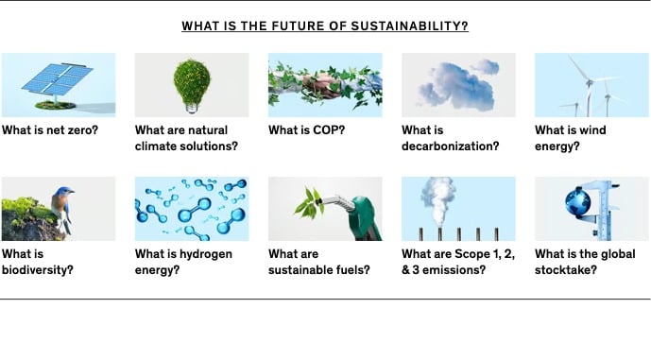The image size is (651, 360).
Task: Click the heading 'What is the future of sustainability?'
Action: pyautogui.click(x=325, y=26)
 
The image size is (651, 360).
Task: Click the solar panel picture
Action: pyautogui.click(x=59, y=84)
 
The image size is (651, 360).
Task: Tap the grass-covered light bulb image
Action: pyautogui.click(x=192, y=84)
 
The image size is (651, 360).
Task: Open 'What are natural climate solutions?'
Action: pyautogui.click(x=186, y=138)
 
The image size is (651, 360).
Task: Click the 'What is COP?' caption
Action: pyautogui.click(x=306, y=130)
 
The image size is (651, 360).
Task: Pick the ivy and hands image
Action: pyautogui.click(x=325, y=84)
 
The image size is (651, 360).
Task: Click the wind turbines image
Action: pyautogui.click(x=591, y=84)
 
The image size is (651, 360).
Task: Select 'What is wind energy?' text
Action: pyautogui.click(x=571, y=138)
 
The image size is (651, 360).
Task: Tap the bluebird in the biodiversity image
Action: pyautogui.click(x=62, y=208)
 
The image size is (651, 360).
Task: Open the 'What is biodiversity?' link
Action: pyautogui.click(x=38, y=262)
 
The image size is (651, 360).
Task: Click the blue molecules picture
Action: pyautogui.click(x=192, y=209)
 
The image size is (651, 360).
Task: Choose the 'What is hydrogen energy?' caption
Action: pyautogui.click(x=183, y=262)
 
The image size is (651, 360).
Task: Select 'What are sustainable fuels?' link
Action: pyautogui.click(x=318, y=262)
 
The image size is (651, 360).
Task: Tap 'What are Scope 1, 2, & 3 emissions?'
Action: pyautogui.click(x=458, y=262)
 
